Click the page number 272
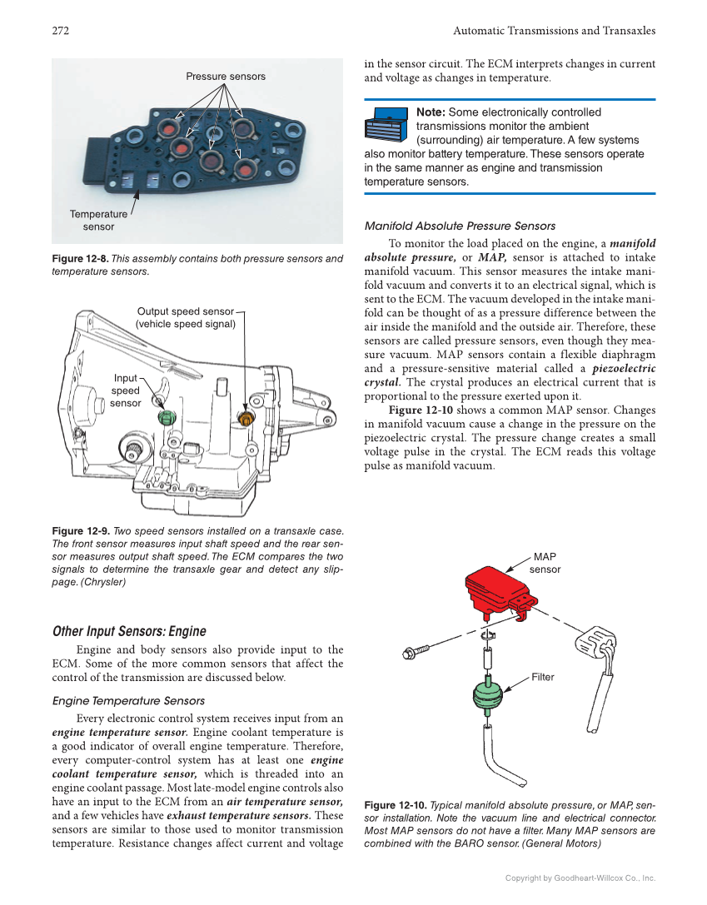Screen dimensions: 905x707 click(x=60, y=31)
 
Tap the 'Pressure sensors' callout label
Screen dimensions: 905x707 click(x=226, y=77)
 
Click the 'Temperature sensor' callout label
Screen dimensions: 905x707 click(x=98, y=221)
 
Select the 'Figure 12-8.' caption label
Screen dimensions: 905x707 click(x=80, y=259)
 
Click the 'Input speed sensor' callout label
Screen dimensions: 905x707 click(x=126, y=390)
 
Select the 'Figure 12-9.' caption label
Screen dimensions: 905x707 click(x=80, y=531)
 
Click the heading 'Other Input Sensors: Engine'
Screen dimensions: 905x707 click(x=129, y=631)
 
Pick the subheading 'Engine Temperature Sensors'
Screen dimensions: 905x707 click(x=128, y=701)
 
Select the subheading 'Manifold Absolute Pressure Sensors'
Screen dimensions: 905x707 click(x=460, y=226)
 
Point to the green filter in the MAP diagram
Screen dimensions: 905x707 click(x=488, y=695)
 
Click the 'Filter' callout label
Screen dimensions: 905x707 click(x=543, y=678)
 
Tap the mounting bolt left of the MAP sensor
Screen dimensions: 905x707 click(x=416, y=650)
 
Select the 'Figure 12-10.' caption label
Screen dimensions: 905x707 click(x=396, y=805)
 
